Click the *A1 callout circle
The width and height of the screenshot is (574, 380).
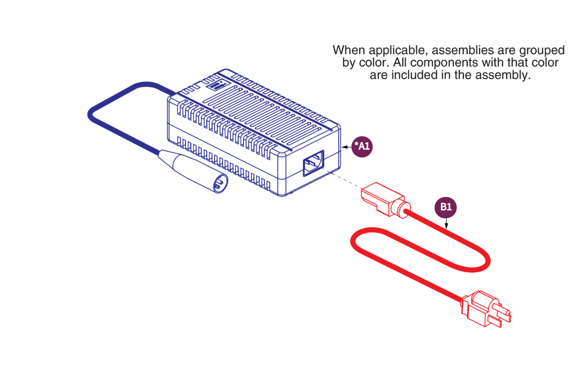[362, 146]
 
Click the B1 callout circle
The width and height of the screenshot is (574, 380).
[446, 207]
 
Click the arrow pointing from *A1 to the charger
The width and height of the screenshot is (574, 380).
[346, 147]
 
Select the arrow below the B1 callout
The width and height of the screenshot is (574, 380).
[446, 223]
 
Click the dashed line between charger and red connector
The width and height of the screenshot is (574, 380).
[341, 179]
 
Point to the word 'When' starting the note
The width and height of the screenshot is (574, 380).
[349, 50]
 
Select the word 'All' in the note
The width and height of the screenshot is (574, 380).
[400, 63]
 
